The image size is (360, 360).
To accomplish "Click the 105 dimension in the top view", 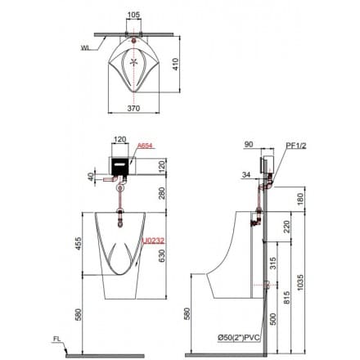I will (133, 16).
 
